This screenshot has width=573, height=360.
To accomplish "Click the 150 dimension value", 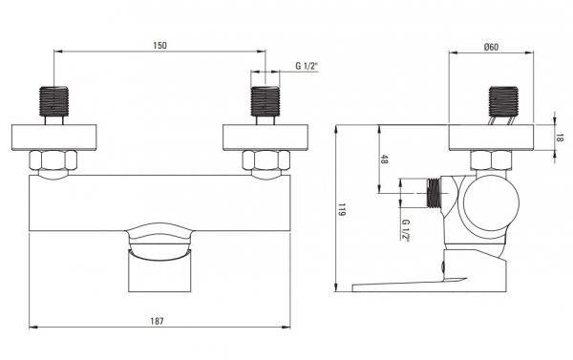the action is tap(159, 45).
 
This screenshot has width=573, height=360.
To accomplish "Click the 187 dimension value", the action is tap(158, 321).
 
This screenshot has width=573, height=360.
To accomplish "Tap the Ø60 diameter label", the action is tap(491, 47).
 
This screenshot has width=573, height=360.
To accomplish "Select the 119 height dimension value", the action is tap(342, 209).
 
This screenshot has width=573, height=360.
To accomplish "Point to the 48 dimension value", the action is tap(384, 159).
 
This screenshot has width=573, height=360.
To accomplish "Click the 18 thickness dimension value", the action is tap(561, 138).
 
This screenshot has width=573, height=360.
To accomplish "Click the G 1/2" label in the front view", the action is tap(307, 66).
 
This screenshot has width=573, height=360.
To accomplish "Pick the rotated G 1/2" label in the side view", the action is tap(406, 230).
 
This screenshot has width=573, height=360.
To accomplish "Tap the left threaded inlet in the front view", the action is tap(53, 101).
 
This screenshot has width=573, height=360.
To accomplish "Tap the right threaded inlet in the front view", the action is tap(265, 101).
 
